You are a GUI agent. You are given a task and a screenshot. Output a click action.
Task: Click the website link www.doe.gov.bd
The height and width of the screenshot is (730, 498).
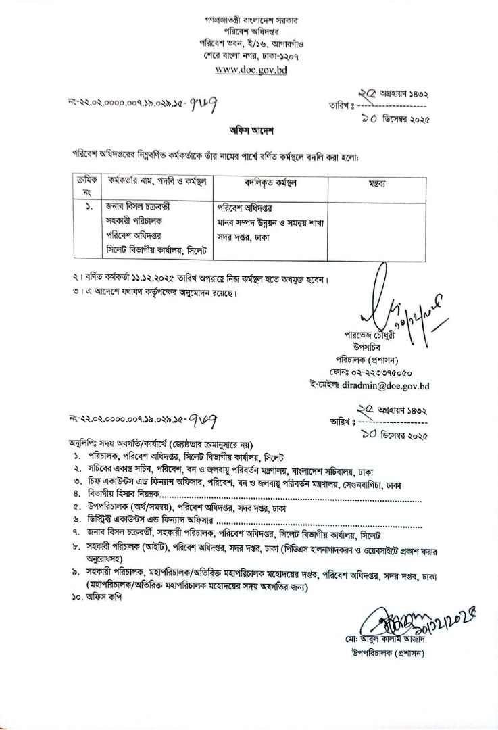pyautogui.click(x=249, y=70)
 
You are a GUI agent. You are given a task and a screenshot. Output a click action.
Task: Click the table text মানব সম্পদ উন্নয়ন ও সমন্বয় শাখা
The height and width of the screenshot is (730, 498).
pyautogui.click(x=268, y=221)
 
